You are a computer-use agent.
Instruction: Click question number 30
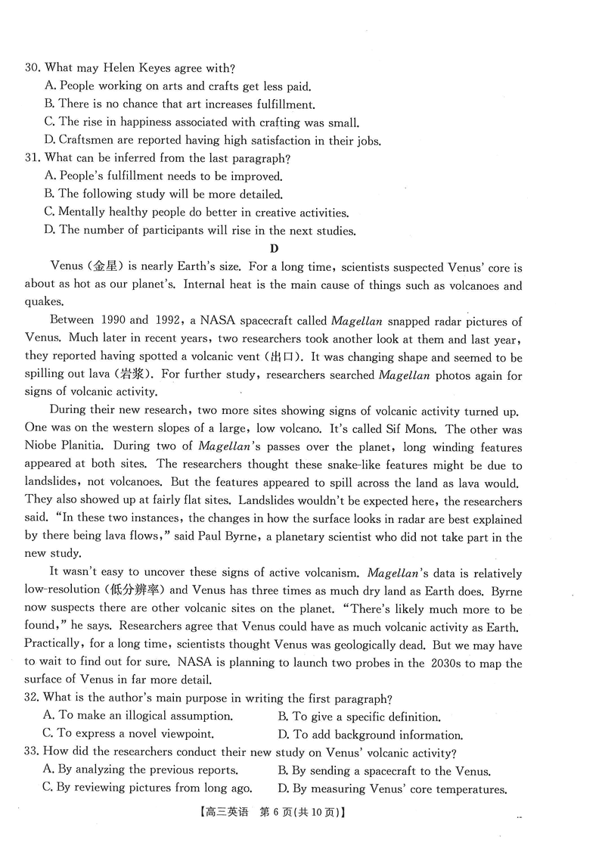[33, 68]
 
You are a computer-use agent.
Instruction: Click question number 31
[33, 158]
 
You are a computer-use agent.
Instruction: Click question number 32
[33, 698]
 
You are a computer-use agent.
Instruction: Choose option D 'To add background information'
[370, 735]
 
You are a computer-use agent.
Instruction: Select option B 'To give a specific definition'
[358, 717]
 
